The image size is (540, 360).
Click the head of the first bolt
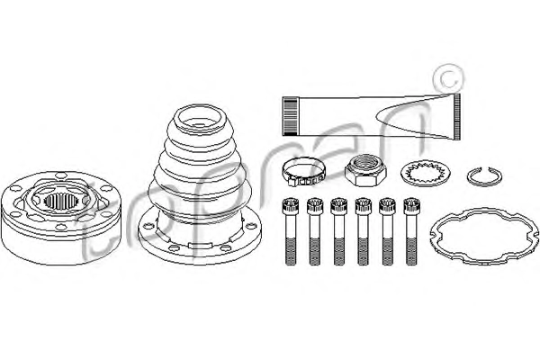pyautogui.click(x=290, y=205)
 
